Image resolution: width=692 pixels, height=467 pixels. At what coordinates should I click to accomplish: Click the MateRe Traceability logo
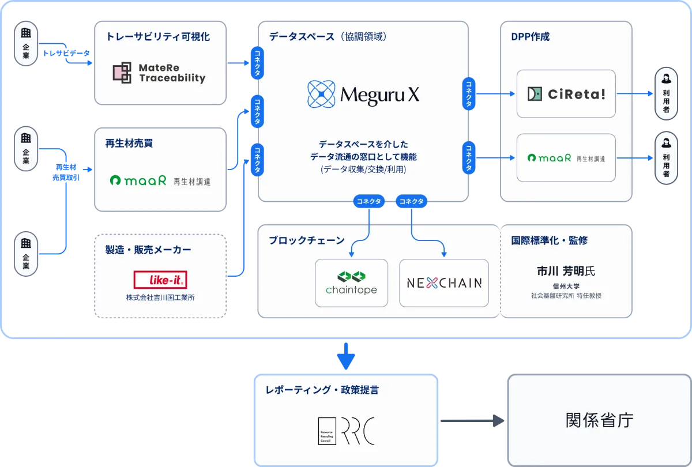coord(159,73)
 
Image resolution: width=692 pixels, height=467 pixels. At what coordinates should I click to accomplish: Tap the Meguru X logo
coord(363,95)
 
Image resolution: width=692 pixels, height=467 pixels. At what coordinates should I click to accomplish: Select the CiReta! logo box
coord(566,94)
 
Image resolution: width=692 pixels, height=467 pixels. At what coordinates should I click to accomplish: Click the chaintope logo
coord(351,283)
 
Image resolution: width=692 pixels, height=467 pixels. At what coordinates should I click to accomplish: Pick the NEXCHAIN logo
coord(444,283)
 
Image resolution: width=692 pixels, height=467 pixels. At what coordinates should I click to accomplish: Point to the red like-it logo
coord(160,280)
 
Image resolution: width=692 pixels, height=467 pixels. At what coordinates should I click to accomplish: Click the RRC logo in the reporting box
coord(347,430)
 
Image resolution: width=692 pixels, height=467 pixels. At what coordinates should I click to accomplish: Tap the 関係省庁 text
coord(599,420)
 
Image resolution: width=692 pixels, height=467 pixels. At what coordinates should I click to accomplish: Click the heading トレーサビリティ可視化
coord(158,37)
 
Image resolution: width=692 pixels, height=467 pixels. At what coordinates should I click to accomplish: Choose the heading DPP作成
coord(530,37)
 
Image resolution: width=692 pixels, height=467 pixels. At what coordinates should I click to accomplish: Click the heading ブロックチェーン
coord(306,240)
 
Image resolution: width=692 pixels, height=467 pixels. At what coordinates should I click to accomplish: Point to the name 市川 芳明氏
coord(566,270)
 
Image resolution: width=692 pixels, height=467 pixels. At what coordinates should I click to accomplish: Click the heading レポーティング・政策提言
coord(322,390)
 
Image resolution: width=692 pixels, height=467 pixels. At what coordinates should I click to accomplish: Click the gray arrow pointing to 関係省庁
coord(472,421)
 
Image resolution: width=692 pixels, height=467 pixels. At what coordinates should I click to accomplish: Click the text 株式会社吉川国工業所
coord(160,298)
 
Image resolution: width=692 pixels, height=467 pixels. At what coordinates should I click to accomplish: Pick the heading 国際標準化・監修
coord(549,240)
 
